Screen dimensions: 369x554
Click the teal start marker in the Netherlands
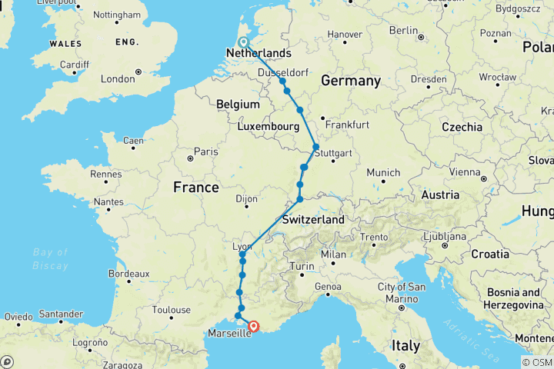pos(243,43)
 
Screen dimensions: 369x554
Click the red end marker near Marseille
pos(254,325)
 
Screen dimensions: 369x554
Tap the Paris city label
pos(205,151)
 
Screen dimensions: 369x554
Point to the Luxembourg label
pos(268,125)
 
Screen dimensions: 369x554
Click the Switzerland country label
pos(312,220)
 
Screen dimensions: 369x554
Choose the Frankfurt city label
pos(347,125)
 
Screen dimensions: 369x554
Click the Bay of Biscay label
pos(51,258)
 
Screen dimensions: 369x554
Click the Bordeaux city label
pos(128,273)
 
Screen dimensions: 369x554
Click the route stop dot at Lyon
pos(242,254)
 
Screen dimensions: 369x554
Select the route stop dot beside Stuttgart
pos(315,147)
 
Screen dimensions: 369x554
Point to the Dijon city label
pos(245,198)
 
